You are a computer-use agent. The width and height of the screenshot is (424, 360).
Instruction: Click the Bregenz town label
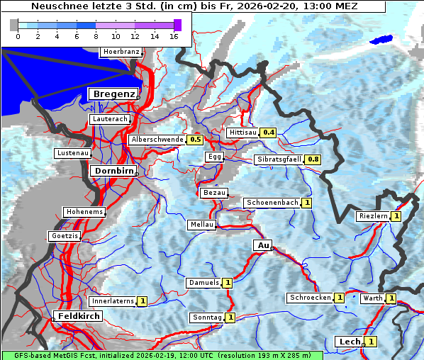[x=112, y=94]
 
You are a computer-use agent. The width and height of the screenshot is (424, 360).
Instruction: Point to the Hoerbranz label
[x=121, y=52]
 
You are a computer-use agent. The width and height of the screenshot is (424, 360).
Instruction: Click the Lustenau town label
[x=72, y=153]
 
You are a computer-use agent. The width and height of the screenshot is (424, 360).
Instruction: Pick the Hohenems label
[x=84, y=212]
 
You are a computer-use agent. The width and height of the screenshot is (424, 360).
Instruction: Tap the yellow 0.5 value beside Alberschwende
[x=196, y=140]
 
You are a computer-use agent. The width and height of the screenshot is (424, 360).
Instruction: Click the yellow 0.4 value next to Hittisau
[x=269, y=133]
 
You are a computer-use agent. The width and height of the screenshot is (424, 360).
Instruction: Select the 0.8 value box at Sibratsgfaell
[x=313, y=159]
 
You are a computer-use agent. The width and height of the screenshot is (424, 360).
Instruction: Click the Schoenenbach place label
[x=272, y=203]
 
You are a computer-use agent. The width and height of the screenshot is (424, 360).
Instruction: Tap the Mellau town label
[x=201, y=225]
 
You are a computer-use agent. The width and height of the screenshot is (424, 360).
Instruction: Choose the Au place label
[x=262, y=245]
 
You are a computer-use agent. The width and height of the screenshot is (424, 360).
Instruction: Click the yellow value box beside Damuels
[x=228, y=283]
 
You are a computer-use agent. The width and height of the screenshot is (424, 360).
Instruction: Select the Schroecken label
[x=310, y=298]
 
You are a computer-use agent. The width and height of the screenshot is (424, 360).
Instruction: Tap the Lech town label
[x=350, y=342]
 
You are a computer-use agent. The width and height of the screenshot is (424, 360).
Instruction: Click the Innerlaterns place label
[x=113, y=301]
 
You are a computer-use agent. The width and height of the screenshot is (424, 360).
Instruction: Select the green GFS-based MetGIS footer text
[x=162, y=355]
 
